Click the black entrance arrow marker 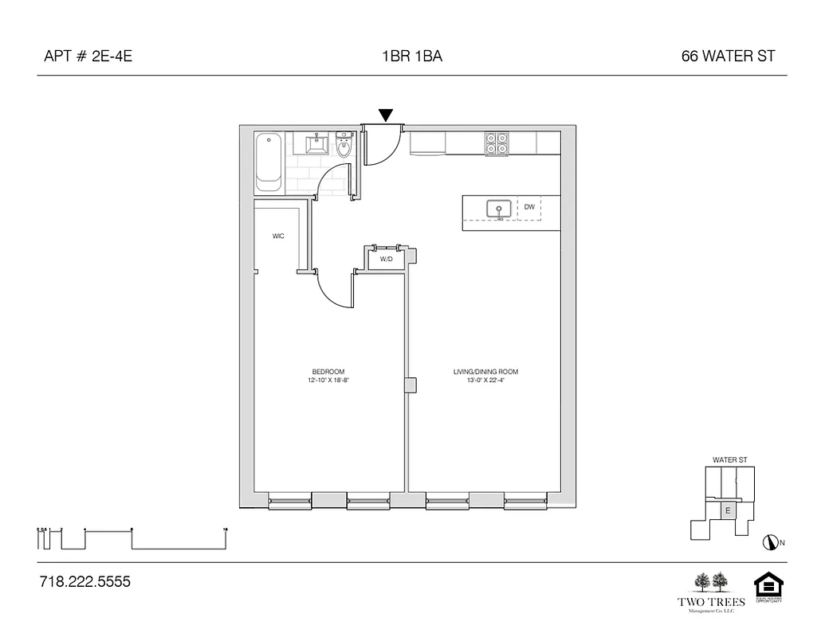click(x=386, y=115)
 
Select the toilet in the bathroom click(x=344, y=146)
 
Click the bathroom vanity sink click(x=317, y=144)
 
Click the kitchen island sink click(x=500, y=210)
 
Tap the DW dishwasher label click(x=529, y=207)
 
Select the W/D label click(x=386, y=260)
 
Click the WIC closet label click(x=278, y=236)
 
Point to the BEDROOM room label click(x=328, y=372)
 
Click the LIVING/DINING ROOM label click(x=485, y=372)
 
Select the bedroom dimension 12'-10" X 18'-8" click(x=328, y=381)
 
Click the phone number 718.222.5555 click(x=84, y=582)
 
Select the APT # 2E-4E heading click(x=83, y=57)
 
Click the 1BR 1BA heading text click(x=412, y=57)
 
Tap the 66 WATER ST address click(x=728, y=57)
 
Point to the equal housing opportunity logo click(x=768, y=588)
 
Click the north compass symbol click(x=770, y=542)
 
